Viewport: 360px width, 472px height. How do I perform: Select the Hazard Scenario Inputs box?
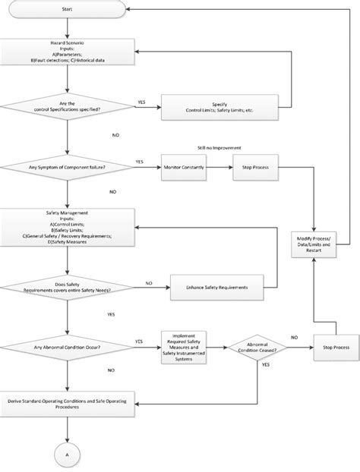tap(68, 55)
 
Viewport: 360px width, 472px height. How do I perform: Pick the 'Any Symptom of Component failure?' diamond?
tap(68, 165)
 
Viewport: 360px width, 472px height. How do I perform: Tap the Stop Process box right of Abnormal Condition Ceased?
tap(336, 347)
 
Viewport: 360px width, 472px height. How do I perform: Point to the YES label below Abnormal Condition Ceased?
tap(266, 364)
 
